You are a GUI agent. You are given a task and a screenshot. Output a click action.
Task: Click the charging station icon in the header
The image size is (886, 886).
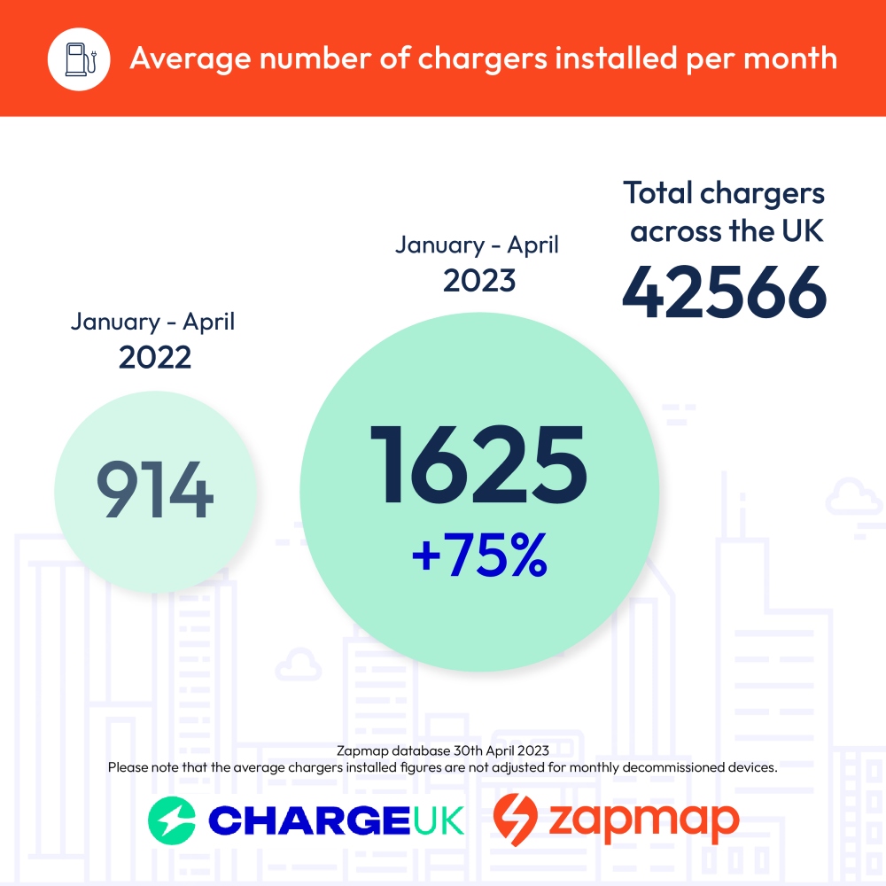click(78, 59)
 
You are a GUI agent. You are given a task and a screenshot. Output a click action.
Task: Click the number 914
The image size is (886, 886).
click(155, 490)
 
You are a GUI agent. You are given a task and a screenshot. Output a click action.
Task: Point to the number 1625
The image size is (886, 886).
click(478, 466)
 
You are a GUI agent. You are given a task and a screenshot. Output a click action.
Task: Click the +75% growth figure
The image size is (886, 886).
click(478, 556)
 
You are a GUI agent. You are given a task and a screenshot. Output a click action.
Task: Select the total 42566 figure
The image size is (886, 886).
click(724, 293)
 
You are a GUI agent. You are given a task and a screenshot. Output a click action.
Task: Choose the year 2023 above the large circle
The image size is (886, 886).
click(478, 280)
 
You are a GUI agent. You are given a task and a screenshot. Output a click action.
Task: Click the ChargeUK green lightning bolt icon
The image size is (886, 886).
click(173, 820)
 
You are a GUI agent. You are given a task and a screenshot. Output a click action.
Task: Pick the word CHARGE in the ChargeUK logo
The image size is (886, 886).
click(301, 820)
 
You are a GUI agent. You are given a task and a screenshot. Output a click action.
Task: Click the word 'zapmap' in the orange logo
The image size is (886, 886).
click(643, 820)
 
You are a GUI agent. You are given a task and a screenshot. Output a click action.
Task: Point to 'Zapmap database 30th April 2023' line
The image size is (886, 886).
click(443, 750)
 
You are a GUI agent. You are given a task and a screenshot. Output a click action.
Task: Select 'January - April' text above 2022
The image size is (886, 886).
click(152, 321)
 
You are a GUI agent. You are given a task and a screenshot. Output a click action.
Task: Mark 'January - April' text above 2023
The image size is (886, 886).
click(477, 244)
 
